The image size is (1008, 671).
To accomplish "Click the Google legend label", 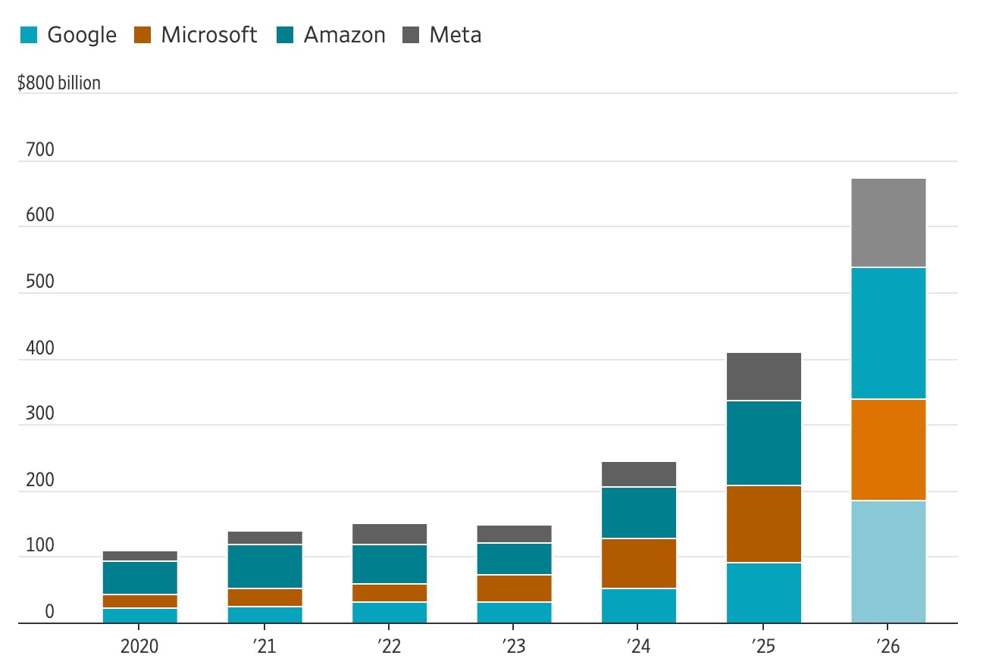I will (x=81, y=35).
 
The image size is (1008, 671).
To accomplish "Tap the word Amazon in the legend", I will (x=344, y=35).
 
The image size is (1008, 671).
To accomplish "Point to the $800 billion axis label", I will (x=59, y=83).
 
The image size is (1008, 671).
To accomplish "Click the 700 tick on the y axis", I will (x=40, y=150).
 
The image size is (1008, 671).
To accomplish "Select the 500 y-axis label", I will (x=40, y=282).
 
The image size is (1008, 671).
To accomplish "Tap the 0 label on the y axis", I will (x=49, y=612).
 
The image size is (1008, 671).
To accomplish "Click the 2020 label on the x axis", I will (x=139, y=646).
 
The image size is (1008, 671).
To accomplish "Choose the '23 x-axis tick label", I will (x=514, y=646).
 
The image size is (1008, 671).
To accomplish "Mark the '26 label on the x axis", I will (x=887, y=646).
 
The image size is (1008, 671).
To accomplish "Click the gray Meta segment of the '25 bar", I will (x=763, y=376).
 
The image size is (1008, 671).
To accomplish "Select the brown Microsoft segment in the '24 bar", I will (x=638, y=563).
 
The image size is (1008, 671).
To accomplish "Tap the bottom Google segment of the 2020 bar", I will (x=139, y=615).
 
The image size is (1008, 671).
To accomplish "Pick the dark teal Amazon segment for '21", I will (x=265, y=566).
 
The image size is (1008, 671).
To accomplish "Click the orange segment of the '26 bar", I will (x=887, y=449).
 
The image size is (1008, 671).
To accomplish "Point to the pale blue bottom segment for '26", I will (x=887, y=561).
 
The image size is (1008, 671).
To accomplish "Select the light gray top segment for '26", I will (x=887, y=223).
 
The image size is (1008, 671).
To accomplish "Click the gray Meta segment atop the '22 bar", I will (x=389, y=534).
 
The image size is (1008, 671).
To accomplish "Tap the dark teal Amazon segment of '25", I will (x=763, y=442).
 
